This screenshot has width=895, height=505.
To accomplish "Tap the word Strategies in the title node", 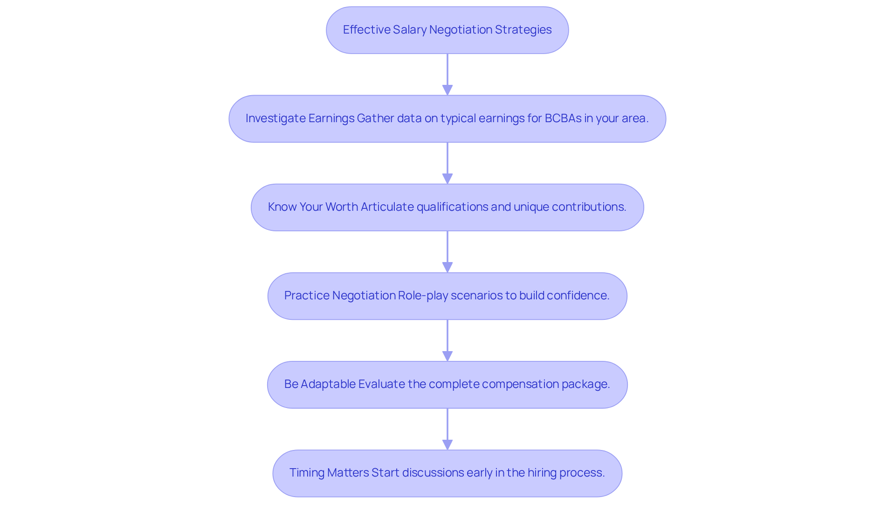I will pos(523,30).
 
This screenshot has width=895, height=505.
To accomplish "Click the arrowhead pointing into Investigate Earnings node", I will pos(447,90).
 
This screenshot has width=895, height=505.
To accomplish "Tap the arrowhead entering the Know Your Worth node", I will pos(447,179).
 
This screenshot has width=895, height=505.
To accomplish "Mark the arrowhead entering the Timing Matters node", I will pos(447,444).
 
